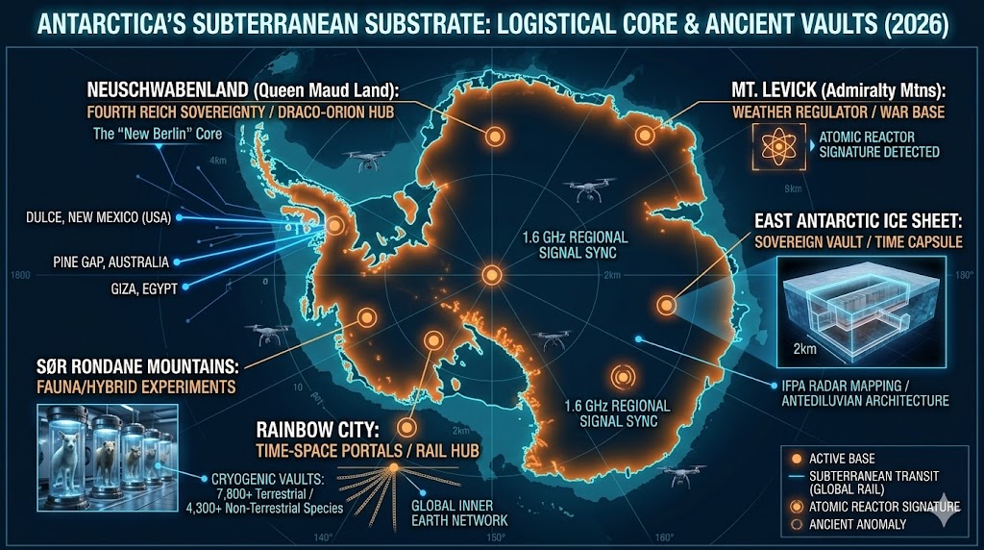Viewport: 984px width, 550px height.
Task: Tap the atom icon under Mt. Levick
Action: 775,143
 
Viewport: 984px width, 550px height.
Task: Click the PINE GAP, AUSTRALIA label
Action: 111,262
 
